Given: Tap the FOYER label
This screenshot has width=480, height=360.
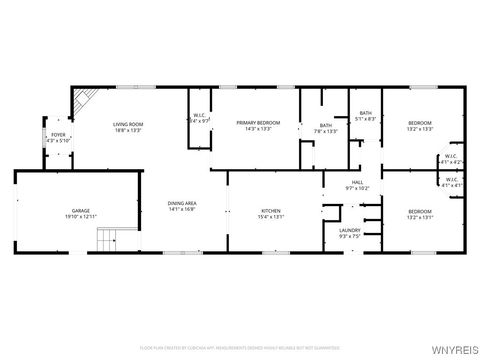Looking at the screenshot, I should coord(59,135).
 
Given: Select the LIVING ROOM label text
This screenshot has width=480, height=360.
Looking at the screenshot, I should coord(127,123).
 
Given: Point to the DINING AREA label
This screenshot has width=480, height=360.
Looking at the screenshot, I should coord(181,203).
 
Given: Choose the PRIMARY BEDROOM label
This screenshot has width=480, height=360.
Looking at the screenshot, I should coord(258,123).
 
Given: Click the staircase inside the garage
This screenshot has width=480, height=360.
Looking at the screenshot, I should coord(108,241).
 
